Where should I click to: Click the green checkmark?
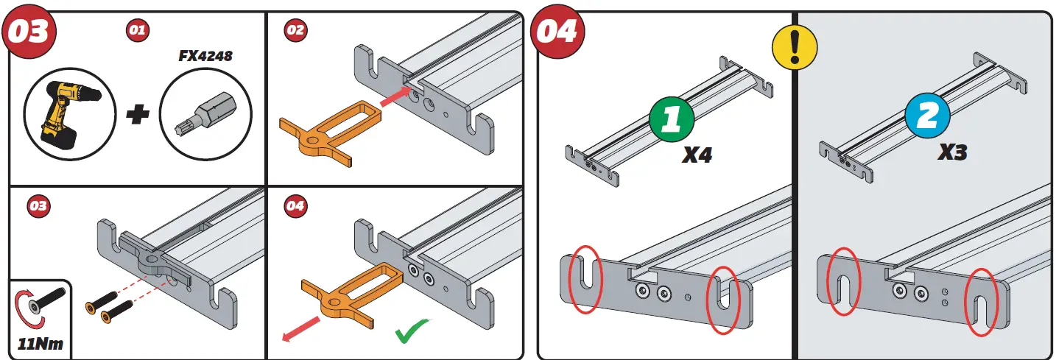(413, 332)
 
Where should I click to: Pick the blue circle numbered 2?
(926, 119)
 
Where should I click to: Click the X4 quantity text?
(697, 155)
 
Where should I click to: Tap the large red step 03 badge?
(30, 32)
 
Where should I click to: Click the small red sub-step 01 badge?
(137, 30)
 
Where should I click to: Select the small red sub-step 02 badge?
(295, 30)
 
